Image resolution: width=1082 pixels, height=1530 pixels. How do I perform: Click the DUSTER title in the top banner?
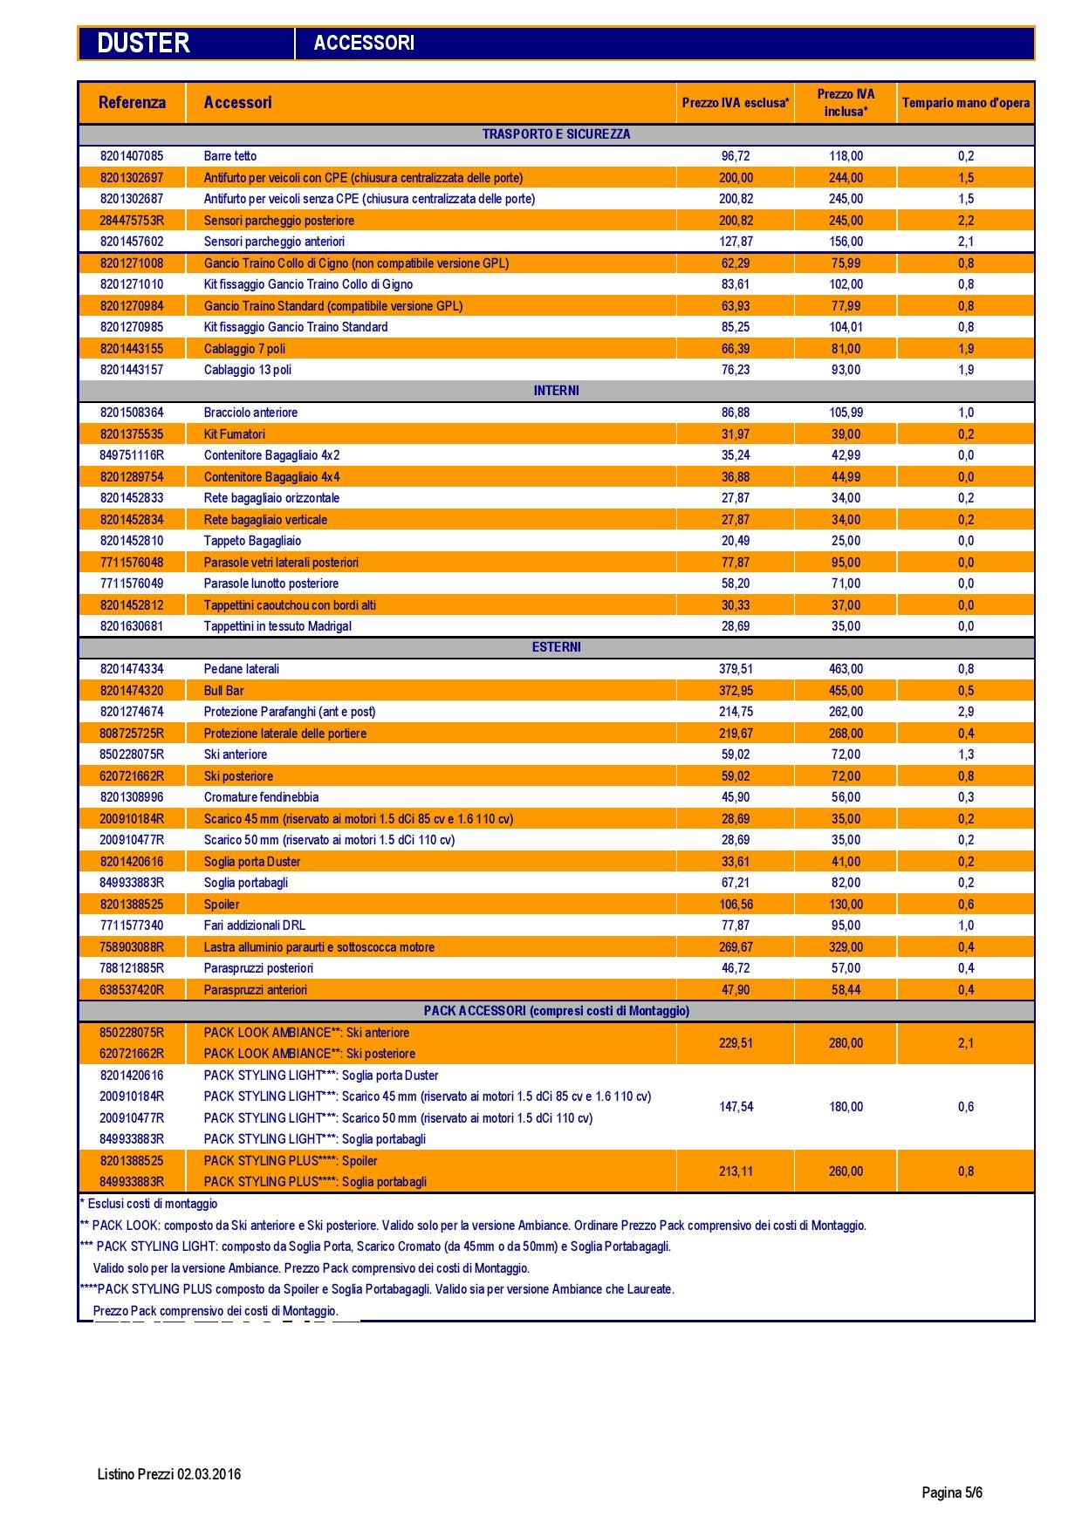coord(143,43)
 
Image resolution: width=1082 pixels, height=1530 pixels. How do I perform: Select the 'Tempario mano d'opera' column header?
coord(965,103)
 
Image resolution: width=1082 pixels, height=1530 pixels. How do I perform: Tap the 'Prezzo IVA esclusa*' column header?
coord(736,103)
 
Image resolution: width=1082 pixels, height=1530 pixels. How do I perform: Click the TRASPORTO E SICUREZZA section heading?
coord(556,134)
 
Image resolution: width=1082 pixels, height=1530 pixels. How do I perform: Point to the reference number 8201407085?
coord(132,156)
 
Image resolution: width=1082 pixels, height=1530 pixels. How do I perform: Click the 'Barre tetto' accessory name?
coord(230,156)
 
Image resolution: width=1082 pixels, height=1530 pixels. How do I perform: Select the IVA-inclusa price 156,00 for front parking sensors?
coord(846,242)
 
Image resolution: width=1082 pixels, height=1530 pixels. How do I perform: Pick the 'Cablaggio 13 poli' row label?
coord(248,370)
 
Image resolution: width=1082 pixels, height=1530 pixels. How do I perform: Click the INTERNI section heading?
coord(556,391)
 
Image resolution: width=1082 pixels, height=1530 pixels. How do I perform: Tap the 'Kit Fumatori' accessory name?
coord(235,434)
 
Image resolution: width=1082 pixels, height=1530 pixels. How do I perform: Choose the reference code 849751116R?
coord(132,455)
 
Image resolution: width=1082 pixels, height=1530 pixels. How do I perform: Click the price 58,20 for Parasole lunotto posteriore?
coord(736,584)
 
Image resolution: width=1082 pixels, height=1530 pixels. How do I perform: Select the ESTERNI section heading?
coord(556,647)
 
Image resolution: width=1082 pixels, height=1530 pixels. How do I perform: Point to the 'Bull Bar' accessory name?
coord(224,691)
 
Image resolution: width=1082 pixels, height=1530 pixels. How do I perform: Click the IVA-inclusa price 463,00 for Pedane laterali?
coord(846,669)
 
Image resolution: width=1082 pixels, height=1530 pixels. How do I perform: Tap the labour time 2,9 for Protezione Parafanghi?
coord(965,712)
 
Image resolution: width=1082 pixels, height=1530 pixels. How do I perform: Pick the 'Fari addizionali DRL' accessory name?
coord(255,926)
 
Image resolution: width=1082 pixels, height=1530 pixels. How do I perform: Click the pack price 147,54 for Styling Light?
coord(736,1107)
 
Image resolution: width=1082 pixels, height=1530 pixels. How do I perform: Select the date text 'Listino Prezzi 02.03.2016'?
coord(169,1474)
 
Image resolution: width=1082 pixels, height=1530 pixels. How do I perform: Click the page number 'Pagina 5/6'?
coord(952,1492)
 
